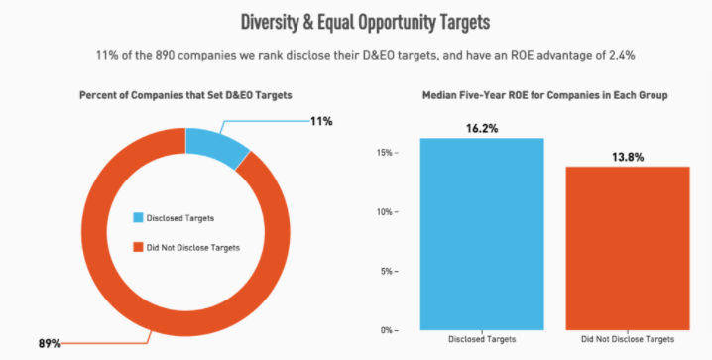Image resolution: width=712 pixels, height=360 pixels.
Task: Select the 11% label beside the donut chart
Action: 320,121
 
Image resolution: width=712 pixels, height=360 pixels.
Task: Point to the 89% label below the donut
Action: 50,343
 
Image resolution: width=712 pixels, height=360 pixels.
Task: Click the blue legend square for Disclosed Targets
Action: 138,217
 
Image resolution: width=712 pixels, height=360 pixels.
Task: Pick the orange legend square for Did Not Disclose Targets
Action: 138,247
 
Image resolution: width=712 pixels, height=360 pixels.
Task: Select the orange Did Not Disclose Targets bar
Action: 627,248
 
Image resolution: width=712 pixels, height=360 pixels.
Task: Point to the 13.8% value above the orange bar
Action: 627,157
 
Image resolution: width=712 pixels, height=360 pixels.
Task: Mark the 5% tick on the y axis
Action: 387,271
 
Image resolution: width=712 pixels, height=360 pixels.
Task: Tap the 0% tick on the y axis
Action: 387,329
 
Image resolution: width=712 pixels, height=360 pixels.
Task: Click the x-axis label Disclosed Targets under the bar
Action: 482,339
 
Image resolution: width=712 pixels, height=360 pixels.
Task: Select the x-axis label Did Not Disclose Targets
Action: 627,339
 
